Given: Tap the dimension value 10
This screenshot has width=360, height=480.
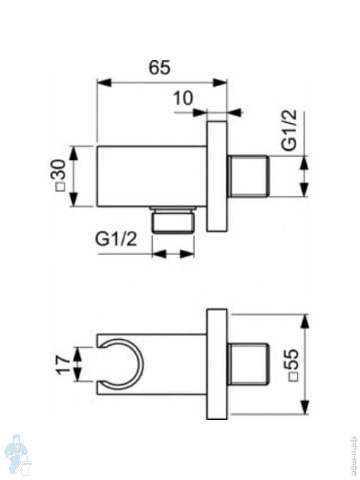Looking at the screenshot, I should [x=184, y=98].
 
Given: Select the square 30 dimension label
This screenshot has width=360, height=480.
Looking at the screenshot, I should [x=60, y=175].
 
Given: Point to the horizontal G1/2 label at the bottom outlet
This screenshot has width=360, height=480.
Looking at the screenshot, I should [x=116, y=240].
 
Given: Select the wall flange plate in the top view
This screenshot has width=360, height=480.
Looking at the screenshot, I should [x=217, y=176].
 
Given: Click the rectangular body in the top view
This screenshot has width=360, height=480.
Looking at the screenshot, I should [x=151, y=176].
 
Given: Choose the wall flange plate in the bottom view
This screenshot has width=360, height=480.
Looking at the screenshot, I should [x=217, y=364].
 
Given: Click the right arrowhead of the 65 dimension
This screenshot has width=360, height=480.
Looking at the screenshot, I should [x=220, y=83].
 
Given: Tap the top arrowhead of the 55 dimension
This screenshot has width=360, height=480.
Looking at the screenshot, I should [x=305, y=321].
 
